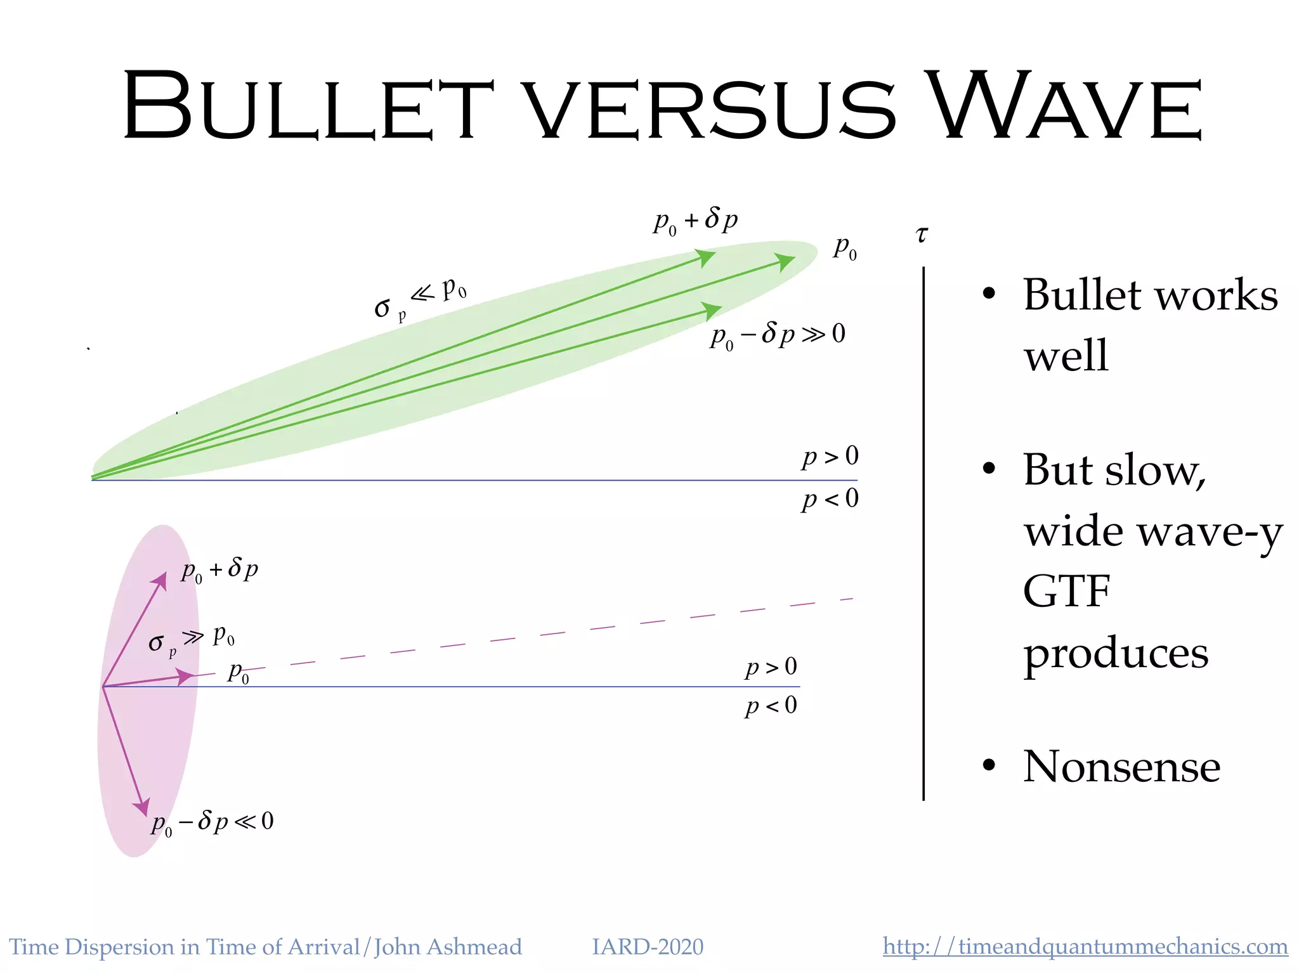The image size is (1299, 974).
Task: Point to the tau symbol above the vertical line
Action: pos(922,235)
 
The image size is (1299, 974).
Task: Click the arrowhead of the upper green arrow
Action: pos(705,257)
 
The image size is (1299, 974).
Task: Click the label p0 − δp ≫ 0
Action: pos(777,334)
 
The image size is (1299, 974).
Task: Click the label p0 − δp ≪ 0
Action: pos(212,822)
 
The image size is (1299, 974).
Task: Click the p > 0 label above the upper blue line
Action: pos(830,457)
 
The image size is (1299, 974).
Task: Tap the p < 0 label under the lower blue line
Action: pos(771,706)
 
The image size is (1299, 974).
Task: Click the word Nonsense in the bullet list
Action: pos(1121,767)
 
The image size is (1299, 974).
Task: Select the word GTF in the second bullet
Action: pos(1066,591)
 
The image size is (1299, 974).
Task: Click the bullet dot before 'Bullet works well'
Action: pos(988,294)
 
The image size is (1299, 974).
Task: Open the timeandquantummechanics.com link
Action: pos(1085,947)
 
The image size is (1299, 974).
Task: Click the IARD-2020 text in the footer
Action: pos(647,947)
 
